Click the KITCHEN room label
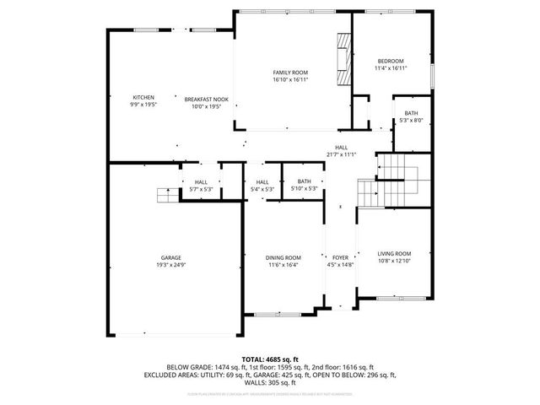[x=143, y=98]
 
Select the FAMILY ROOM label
[x=289, y=73]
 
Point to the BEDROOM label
[x=390, y=61]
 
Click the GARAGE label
[x=171, y=257]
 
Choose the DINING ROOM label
[x=283, y=257]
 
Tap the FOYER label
[x=340, y=257]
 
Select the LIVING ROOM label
[x=393, y=253]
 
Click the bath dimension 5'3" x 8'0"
[x=411, y=121]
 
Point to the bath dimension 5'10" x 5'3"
[x=304, y=189]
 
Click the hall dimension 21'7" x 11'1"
[x=342, y=154]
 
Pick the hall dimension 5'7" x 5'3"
[x=201, y=189]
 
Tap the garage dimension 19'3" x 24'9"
[x=171, y=265]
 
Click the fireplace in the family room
[x=343, y=59]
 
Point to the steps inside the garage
[x=168, y=196]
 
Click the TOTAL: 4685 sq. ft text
[x=270, y=359]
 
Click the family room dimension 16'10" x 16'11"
[x=289, y=80]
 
